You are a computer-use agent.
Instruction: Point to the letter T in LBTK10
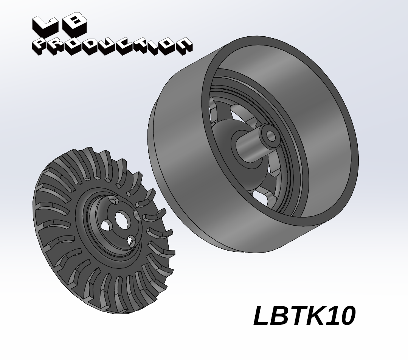tap(296, 315)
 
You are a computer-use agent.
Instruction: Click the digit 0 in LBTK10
tap(346, 316)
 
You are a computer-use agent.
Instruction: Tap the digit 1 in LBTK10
tap(332, 315)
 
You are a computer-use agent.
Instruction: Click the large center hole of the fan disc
tap(121, 220)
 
